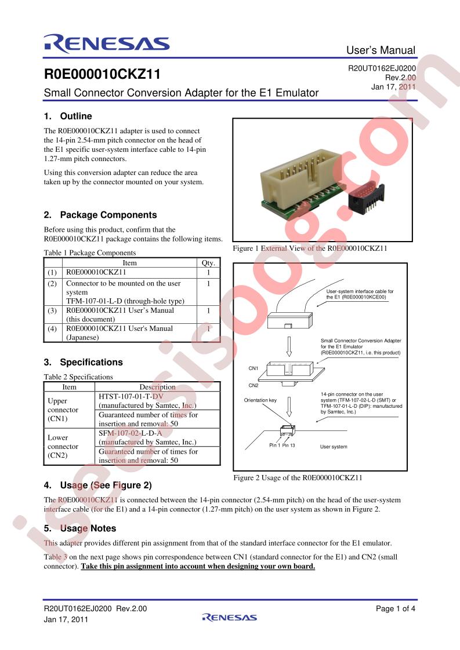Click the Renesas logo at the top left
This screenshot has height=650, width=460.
(106, 44)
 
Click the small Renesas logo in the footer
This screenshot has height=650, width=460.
(230, 617)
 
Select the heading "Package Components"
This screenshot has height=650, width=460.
(108, 215)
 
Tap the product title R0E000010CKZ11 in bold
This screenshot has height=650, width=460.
(102, 74)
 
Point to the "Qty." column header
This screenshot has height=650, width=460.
(208, 263)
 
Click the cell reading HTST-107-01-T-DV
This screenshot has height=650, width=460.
(131, 396)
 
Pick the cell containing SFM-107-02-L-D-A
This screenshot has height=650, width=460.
(131, 433)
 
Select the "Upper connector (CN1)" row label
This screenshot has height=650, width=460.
(63, 410)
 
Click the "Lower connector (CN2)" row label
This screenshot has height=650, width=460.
(63, 446)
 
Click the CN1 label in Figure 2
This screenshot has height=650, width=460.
(253, 368)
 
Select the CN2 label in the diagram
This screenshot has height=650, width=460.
(253, 385)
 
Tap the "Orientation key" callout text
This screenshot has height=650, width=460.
(260, 400)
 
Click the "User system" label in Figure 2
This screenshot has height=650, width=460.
(334, 447)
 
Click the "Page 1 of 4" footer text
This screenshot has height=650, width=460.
(395, 608)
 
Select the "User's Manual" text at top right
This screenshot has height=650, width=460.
(381, 50)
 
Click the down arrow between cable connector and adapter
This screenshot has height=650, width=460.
(289, 346)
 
